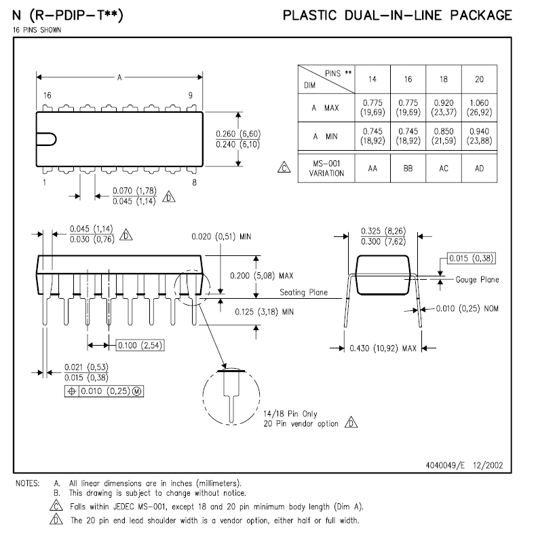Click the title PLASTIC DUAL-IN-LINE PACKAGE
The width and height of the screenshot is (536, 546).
(397, 15)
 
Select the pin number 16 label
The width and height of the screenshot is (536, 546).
(47, 95)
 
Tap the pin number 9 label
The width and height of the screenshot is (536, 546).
(191, 95)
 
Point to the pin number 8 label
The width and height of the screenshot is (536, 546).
(194, 183)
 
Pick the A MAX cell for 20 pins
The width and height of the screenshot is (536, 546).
(479, 107)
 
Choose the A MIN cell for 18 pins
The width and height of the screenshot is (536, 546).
(443, 136)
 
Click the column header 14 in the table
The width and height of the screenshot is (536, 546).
(372, 79)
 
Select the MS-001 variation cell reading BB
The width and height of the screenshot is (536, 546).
(408, 168)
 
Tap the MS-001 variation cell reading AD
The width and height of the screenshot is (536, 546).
(479, 168)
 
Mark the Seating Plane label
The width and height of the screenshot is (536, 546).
(303, 293)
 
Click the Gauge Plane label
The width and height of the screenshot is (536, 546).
(478, 279)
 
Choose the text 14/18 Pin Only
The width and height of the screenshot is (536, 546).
(290, 414)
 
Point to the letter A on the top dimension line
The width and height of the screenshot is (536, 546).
(119, 77)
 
